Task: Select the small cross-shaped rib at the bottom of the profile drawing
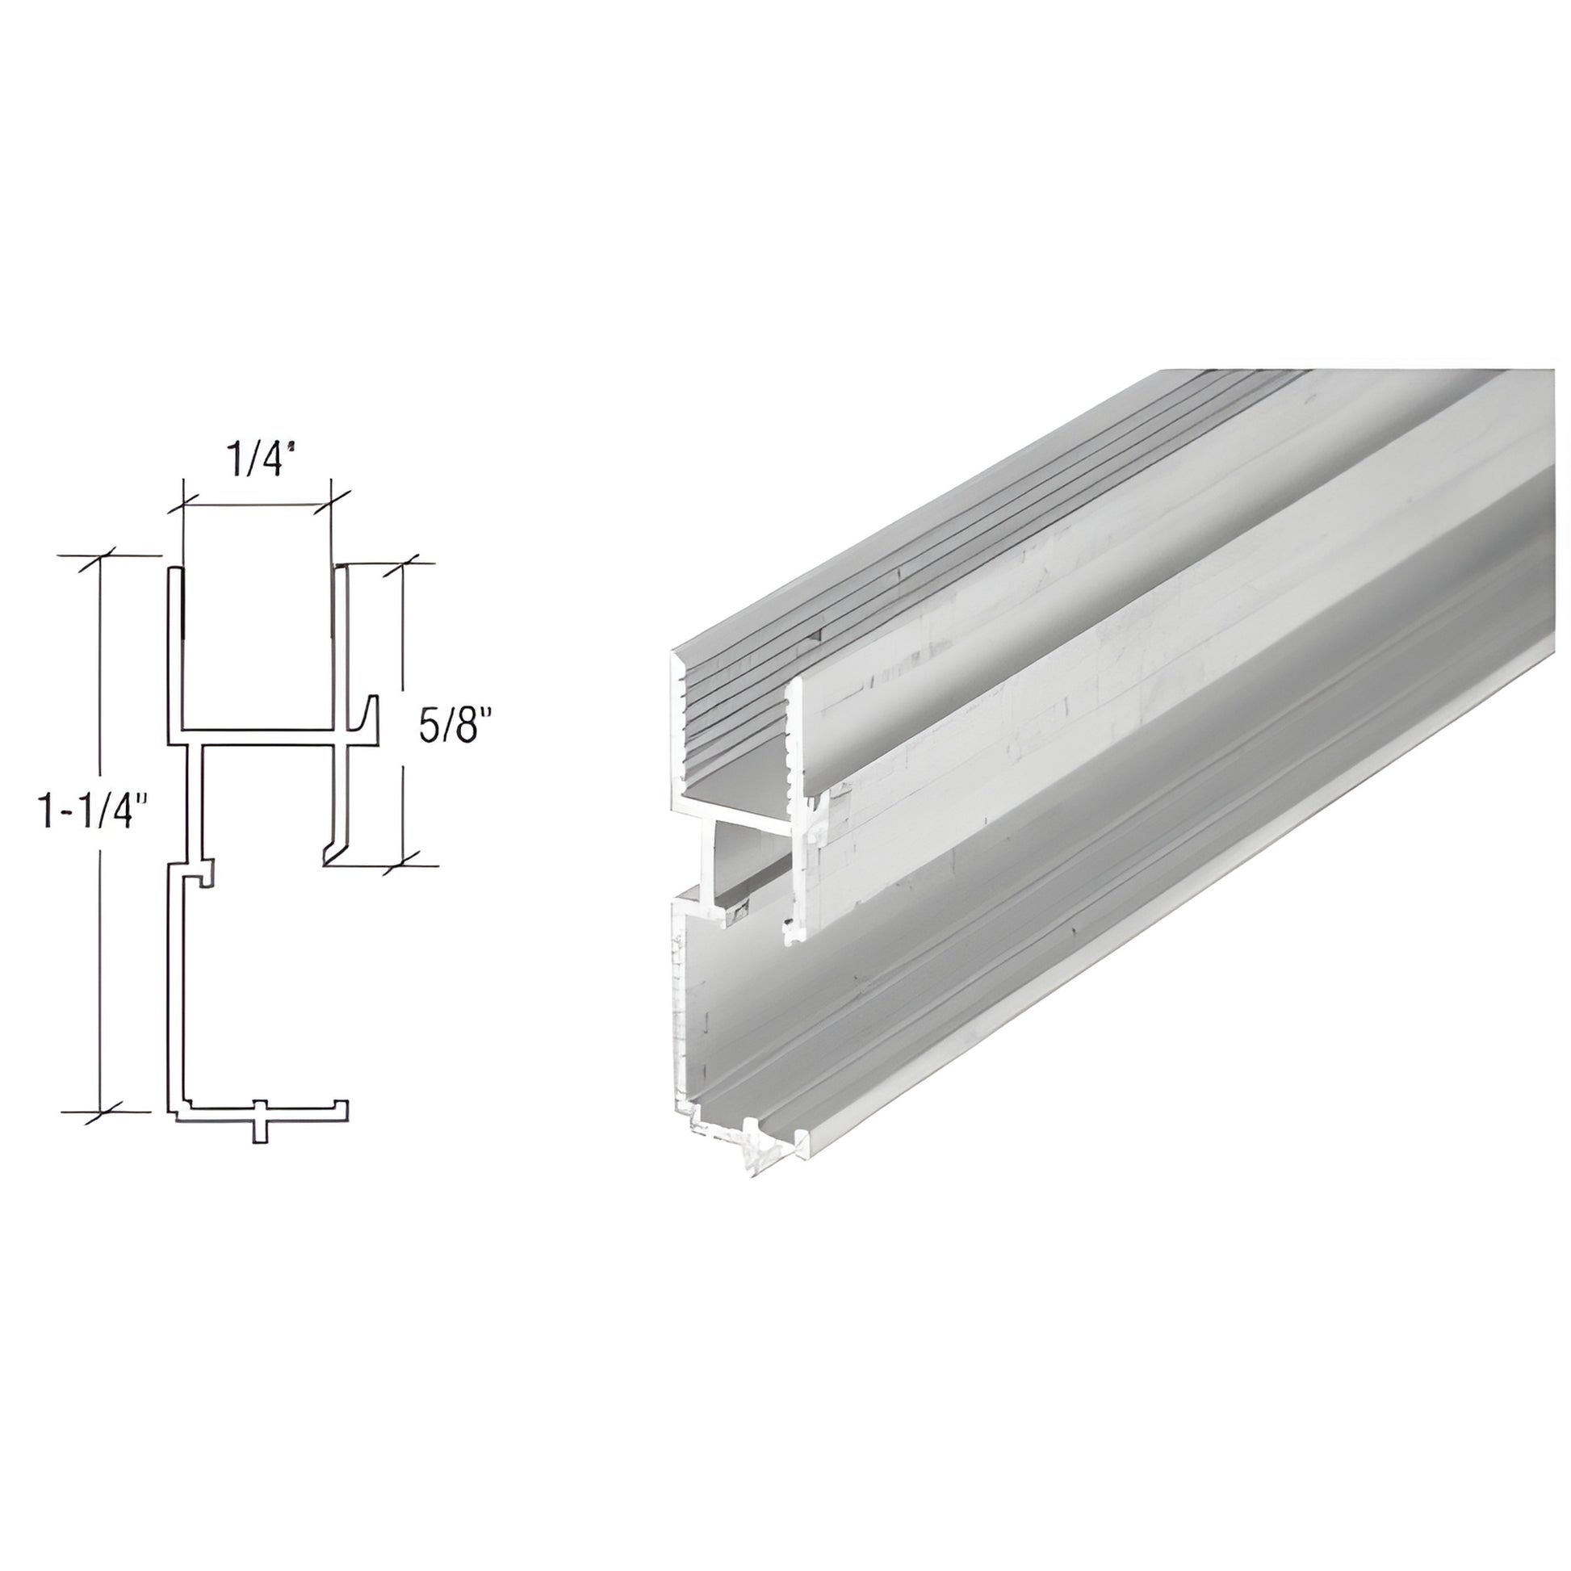(x=259, y=1122)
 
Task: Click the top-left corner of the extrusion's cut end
(x=675, y=657)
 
